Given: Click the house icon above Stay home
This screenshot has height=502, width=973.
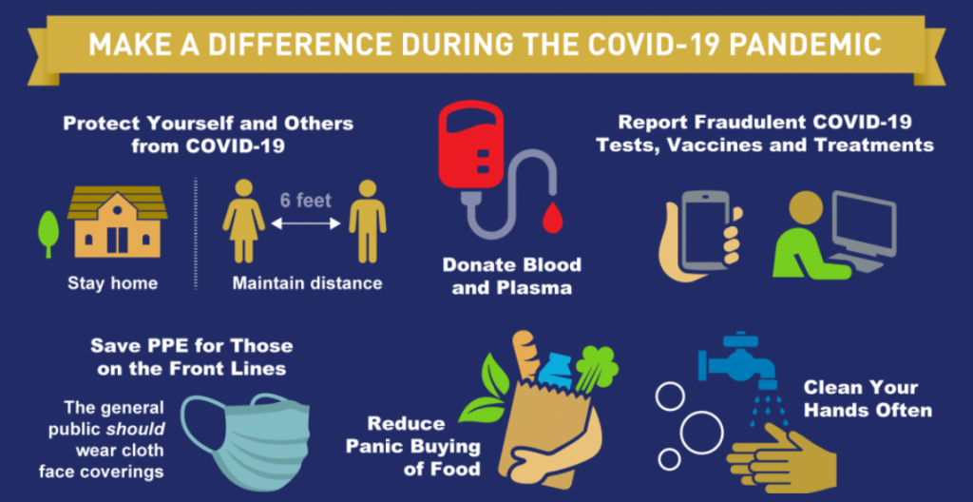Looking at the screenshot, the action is pyautogui.click(x=117, y=222).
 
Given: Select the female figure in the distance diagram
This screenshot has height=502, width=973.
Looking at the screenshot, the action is pyautogui.click(x=244, y=221).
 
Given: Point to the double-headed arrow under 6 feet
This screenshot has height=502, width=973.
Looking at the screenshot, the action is pyautogui.click(x=307, y=223).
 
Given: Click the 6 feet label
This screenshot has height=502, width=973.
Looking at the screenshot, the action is pyautogui.click(x=306, y=201).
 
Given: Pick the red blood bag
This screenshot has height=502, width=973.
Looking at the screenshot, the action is pyautogui.click(x=470, y=145).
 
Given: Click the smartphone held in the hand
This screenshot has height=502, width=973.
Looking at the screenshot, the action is pyautogui.click(x=707, y=228).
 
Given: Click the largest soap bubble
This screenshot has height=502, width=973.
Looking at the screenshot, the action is pyautogui.click(x=702, y=433).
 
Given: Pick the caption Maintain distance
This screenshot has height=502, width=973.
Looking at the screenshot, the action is pyautogui.click(x=307, y=284).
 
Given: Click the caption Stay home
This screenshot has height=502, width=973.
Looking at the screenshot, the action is pyautogui.click(x=112, y=284).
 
